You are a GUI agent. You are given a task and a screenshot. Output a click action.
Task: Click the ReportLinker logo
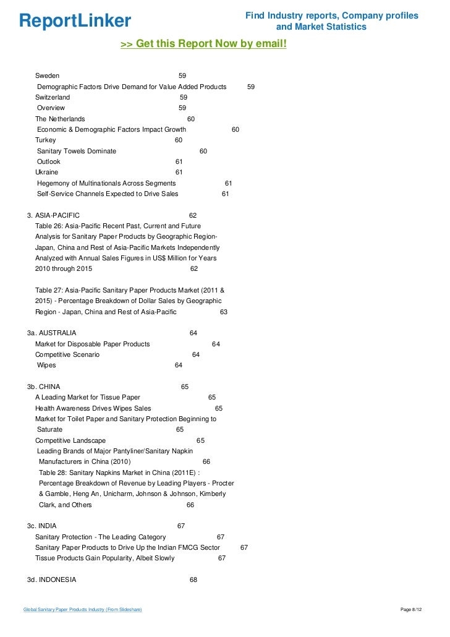(x=75, y=21)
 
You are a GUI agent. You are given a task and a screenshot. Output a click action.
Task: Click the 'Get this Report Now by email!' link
(x=203, y=45)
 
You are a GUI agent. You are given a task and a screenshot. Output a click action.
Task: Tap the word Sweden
(x=47, y=75)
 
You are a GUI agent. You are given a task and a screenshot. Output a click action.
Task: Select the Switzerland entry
(x=53, y=97)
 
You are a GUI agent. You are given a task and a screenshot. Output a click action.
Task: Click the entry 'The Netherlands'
(x=60, y=119)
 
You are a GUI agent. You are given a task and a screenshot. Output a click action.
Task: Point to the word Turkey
(x=45, y=140)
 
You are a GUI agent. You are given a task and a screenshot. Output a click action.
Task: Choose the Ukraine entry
(x=47, y=172)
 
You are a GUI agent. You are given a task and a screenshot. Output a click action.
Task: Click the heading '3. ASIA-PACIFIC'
(x=53, y=215)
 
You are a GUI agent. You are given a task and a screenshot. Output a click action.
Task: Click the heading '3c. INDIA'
(x=41, y=526)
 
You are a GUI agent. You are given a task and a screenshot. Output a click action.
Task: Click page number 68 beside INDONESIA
(x=193, y=580)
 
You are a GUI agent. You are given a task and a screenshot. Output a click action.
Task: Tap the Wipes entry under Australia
(x=46, y=366)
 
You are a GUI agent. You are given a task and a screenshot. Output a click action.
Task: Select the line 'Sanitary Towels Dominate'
(x=76, y=151)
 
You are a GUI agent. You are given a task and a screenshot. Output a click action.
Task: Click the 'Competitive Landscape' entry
(x=70, y=440)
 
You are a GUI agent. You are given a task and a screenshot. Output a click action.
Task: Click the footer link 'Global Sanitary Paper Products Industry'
(x=82, y=610)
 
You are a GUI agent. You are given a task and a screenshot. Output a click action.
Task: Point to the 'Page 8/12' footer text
(x=412, y=610)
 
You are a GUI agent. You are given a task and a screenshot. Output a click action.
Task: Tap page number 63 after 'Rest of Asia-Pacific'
(x=224, y=312)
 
